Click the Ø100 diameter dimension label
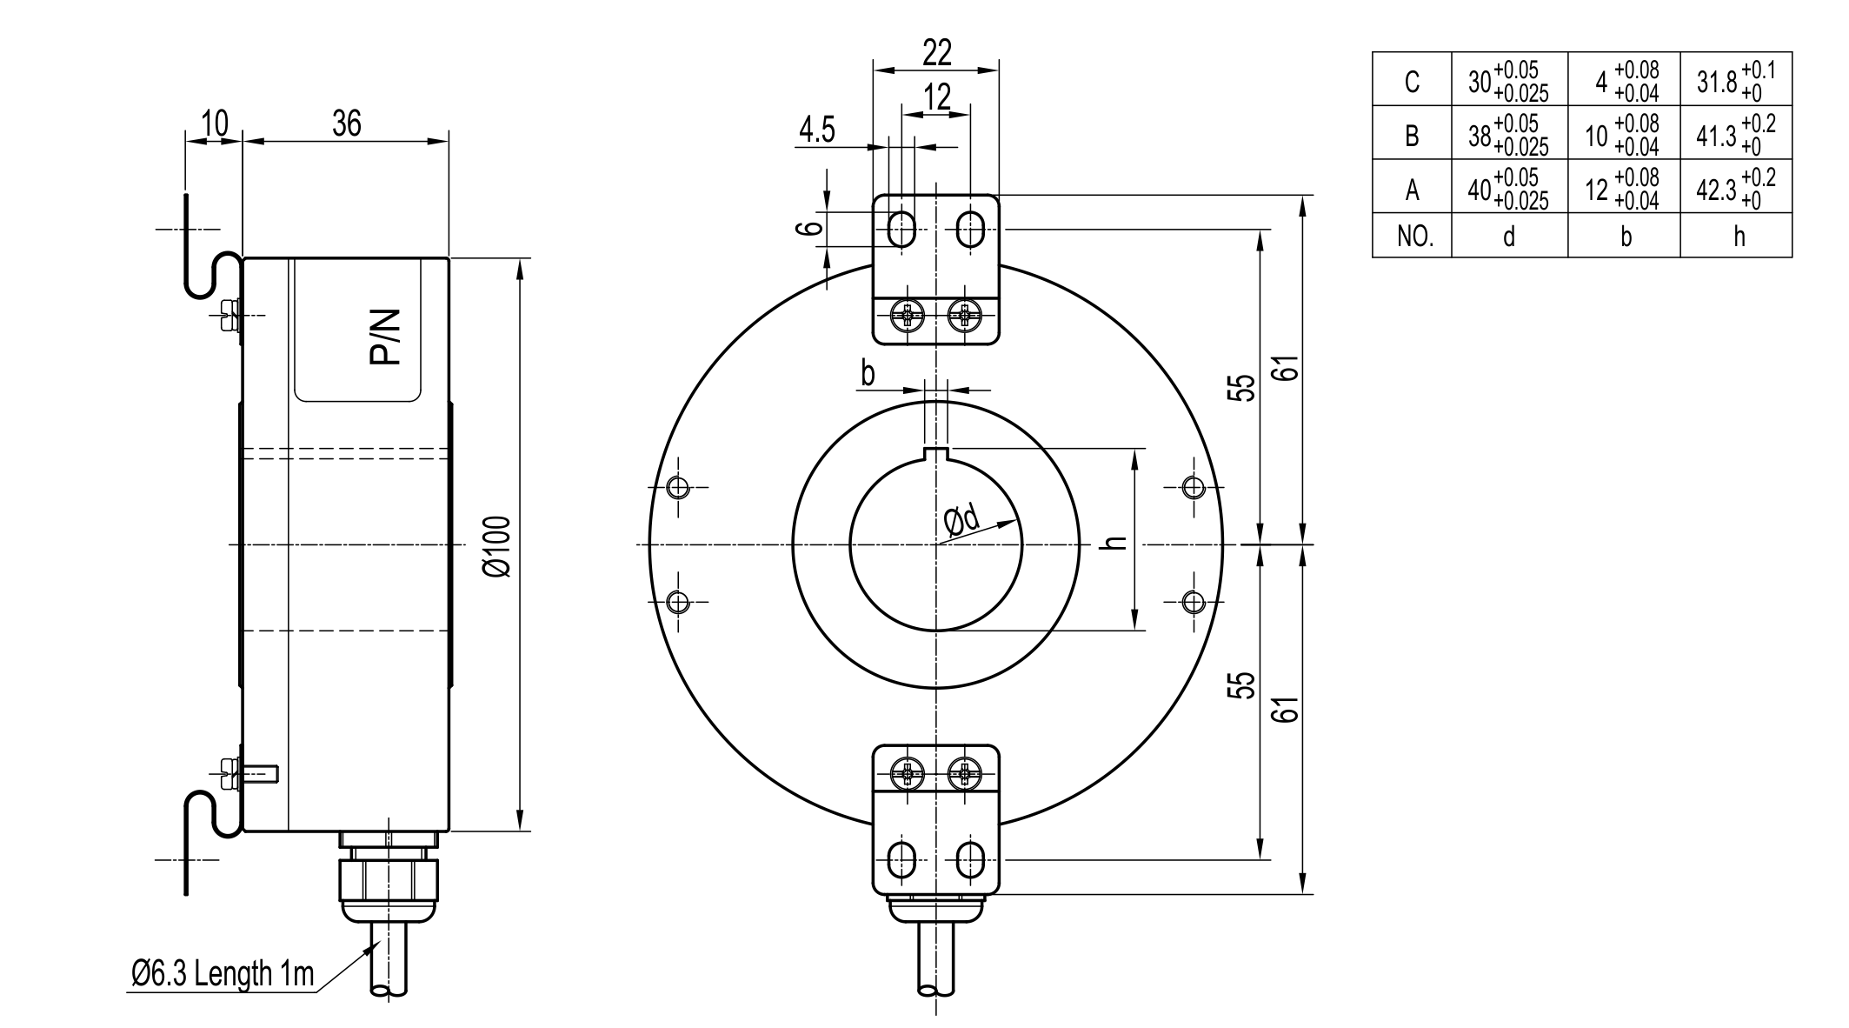pos(499,545)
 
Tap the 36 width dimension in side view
pos(346,124)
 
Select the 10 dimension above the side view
pos(214,124)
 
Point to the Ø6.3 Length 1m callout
pos(223,974)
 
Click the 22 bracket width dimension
pos(936,53)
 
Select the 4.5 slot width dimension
pos(817,130)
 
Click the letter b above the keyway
pos(867,375)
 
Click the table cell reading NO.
pos(1413,236)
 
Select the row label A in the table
pos(1412,189)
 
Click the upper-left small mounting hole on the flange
pos(678,487)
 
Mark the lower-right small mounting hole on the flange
pos(1194,601)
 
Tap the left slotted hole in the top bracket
pos(901,230)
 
